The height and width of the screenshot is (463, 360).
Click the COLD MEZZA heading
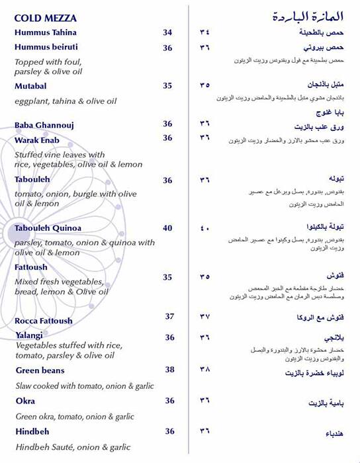(45, 19)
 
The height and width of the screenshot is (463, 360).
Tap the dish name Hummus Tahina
(46, 32)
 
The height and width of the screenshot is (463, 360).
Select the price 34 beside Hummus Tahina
(167, 32)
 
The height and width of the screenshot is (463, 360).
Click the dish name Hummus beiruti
(46, 48)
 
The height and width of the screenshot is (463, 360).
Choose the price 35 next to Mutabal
(167, 86)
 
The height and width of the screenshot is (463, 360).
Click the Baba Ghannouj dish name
(44, 125)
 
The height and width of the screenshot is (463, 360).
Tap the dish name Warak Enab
(37, 140)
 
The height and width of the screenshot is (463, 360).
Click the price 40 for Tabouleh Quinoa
(167, 228)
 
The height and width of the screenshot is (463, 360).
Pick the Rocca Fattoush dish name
(44, 321)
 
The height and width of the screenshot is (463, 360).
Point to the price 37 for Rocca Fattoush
(169, 316)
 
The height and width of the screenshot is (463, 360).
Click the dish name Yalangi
(29, 335)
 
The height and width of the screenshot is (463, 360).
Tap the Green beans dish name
(39, 370)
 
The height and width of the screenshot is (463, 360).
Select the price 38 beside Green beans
(169, 370)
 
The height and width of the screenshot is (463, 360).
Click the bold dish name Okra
(25, 401)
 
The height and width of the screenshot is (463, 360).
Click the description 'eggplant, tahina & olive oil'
(66, 101)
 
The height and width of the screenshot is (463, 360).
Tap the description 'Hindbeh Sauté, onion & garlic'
(73, 447)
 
